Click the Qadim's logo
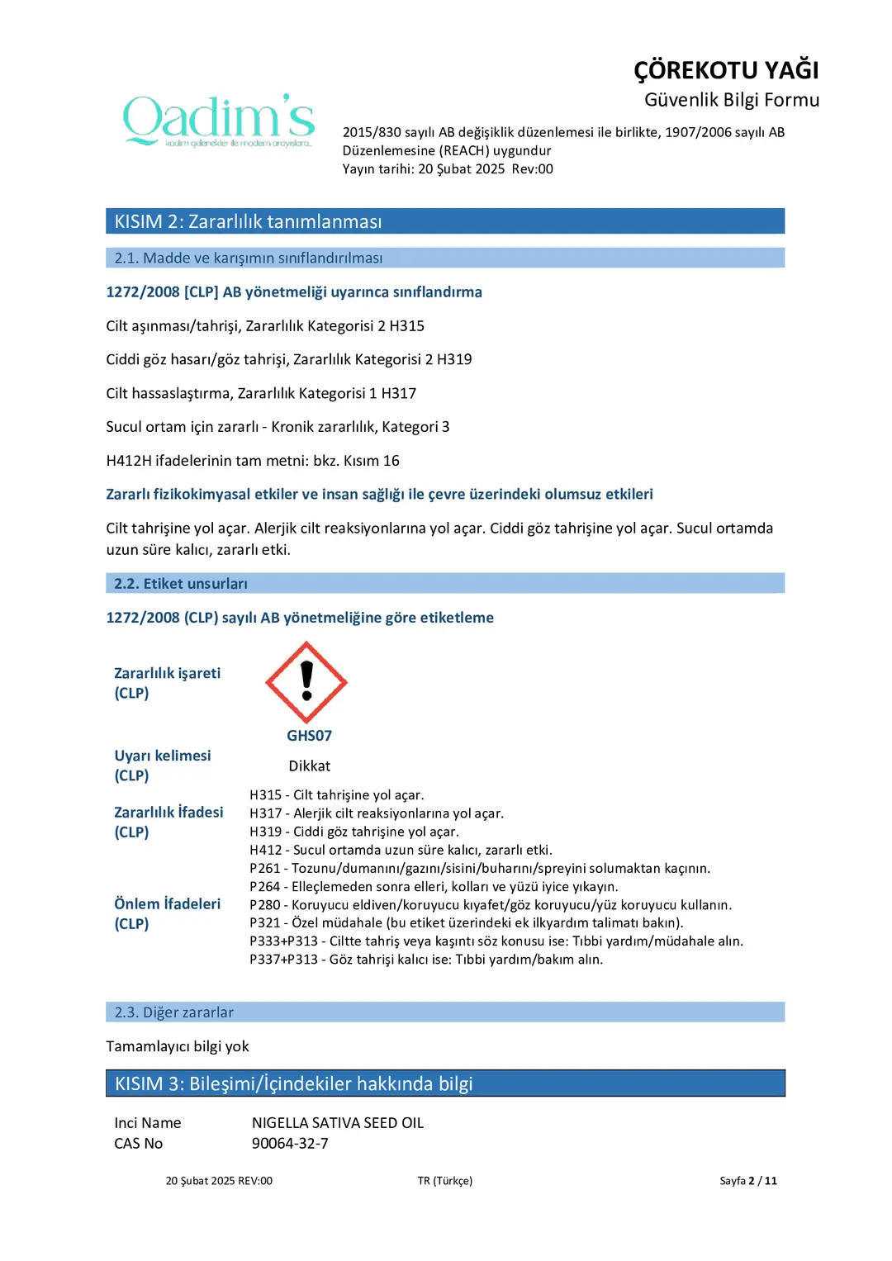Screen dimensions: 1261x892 click(219, 121)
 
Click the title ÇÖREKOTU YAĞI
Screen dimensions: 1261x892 click(726, 70)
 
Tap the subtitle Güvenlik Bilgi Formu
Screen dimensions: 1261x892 click(732, 100)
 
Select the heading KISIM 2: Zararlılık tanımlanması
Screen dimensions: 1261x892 click(248, 221)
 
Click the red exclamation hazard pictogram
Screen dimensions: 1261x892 click(306, 682)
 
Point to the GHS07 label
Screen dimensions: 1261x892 click(309, 736)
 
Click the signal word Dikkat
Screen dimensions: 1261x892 click(309, 766)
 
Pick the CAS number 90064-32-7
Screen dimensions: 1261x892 click(290, 1144)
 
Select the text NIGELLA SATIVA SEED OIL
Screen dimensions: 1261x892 click(337, 1123)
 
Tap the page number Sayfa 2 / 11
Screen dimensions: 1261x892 click(747, 1181)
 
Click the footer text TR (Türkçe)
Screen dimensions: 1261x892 click(444, 1181)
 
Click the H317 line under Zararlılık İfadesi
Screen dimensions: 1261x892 click(377, 813)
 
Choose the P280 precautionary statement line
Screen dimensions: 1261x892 click(491, 905)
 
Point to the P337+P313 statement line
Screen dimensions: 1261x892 click(426, 960)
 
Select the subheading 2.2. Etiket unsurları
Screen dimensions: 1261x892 click(181, 584)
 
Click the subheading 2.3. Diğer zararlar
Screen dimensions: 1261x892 click(173, 1012)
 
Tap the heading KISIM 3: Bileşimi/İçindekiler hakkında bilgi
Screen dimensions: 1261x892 click(293, 1083)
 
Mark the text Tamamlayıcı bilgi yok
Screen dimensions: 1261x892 click(178, 1046)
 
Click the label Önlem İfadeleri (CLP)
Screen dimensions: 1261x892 click(167, 914)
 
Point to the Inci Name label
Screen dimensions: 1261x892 click(147, 1123)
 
